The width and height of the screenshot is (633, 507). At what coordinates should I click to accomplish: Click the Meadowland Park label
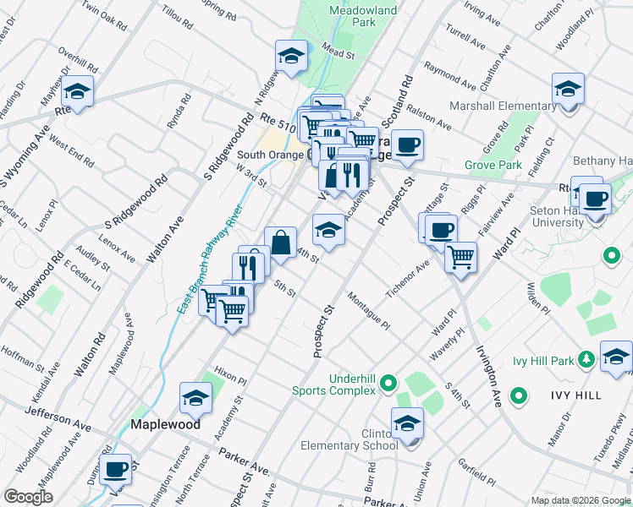click(x=352, y=16)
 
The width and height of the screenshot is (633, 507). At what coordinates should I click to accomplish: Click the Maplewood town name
click(x=165, y=424)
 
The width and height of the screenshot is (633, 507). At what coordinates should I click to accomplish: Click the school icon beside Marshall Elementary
click(x=568, y=89)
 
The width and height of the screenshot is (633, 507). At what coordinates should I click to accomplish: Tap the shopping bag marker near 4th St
click(x=280, y=243)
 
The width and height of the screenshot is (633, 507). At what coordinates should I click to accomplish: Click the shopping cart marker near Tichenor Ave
click(x=460, y=257)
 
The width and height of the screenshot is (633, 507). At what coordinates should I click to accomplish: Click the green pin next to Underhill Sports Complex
click(x=388, y=384)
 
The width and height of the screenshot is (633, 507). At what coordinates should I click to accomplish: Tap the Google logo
click(x=28, y=497)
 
